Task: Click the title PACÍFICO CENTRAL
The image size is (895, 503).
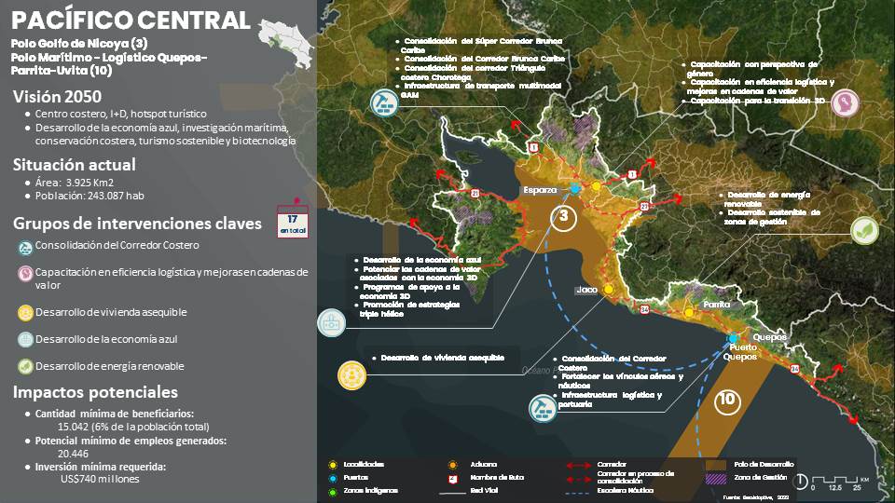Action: click(x=131, y=20)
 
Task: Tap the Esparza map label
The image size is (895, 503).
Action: click(x=540, y=189)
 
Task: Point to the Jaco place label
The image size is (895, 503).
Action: click(x=586, y=290)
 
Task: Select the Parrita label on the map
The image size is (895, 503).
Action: click(x=716, y=305)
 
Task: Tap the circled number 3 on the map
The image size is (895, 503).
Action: click(x=562, y=218)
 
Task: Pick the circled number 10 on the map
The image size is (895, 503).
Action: click(x=727, y=401)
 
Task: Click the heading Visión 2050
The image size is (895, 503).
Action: click(x=57, y=96)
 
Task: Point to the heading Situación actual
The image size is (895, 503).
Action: click(x=74, y=165)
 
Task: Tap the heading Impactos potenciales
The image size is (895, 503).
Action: click(x=95, y=392)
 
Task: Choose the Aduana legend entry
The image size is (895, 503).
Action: click(x=484, y=464)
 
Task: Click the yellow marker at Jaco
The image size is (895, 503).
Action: click(x=609, y=290)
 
